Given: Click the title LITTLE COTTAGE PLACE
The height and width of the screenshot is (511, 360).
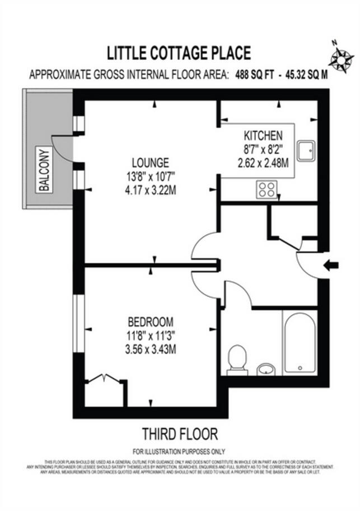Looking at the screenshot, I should click(x=179, y=53).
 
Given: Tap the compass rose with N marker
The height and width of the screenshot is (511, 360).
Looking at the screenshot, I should click(x=340, y=58).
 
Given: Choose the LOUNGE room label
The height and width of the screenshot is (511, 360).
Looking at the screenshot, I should click(x=147, y=163).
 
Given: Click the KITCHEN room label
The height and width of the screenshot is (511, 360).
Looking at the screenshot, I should click(x=263, y=136).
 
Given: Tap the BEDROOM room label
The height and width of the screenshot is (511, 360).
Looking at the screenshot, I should click(x=151, y=322).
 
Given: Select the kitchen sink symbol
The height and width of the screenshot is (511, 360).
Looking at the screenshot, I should click(x=305, y=151).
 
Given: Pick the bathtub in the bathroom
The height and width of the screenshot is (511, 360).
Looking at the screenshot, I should click(x=300, y=341).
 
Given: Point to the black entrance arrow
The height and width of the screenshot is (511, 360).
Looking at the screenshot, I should click(x=331, y=266).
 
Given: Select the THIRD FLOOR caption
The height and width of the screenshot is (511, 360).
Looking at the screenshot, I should click(x=179, y=434).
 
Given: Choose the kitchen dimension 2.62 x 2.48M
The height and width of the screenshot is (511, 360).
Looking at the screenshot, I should click(x=263, y=163).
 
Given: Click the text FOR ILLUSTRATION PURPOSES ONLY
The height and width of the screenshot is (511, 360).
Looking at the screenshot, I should click(x=179, y=451).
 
